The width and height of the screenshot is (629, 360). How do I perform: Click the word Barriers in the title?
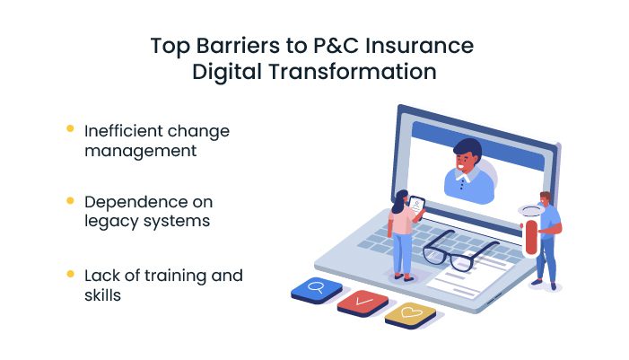coord(238,46)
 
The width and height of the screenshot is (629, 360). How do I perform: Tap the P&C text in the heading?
coord(336,46)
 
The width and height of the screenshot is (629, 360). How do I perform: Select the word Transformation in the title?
coord(353,72)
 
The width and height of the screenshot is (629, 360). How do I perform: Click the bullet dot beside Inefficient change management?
coord(70,128)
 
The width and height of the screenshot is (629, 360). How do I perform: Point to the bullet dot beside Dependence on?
coord(70,200)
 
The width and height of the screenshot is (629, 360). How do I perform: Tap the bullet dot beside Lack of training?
coord(70,274)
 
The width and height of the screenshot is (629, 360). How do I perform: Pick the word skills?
coord(102,295)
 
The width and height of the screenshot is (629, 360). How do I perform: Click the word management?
coord(140,152)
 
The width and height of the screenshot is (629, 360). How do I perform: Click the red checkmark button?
coord(363,303)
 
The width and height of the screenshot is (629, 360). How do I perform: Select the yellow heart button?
coord(410,314)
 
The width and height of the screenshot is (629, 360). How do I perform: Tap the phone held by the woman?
coord(417,207)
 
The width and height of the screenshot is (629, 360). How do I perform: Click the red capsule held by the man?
coord(530,237)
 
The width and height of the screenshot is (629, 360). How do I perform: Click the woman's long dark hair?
coord(399,202)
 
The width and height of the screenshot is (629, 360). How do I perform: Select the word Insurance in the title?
coord(420,46)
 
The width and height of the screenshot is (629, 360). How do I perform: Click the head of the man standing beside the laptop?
coord(545,198)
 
